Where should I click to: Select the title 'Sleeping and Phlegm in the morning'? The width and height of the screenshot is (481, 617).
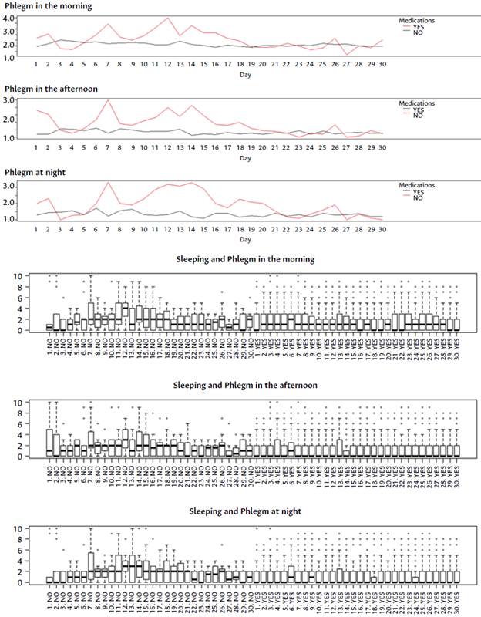tap(244, 259)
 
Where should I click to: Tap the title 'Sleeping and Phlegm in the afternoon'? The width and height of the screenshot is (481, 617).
tap(244, 385)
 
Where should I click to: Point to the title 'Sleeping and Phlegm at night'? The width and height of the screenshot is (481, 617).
tap(244, 511)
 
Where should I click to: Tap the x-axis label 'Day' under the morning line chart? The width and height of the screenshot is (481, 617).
tap(244, 76)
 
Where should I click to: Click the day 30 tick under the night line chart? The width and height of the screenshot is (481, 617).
tap(382, 229)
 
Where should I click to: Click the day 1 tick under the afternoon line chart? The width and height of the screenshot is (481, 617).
tap(36, 147)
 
